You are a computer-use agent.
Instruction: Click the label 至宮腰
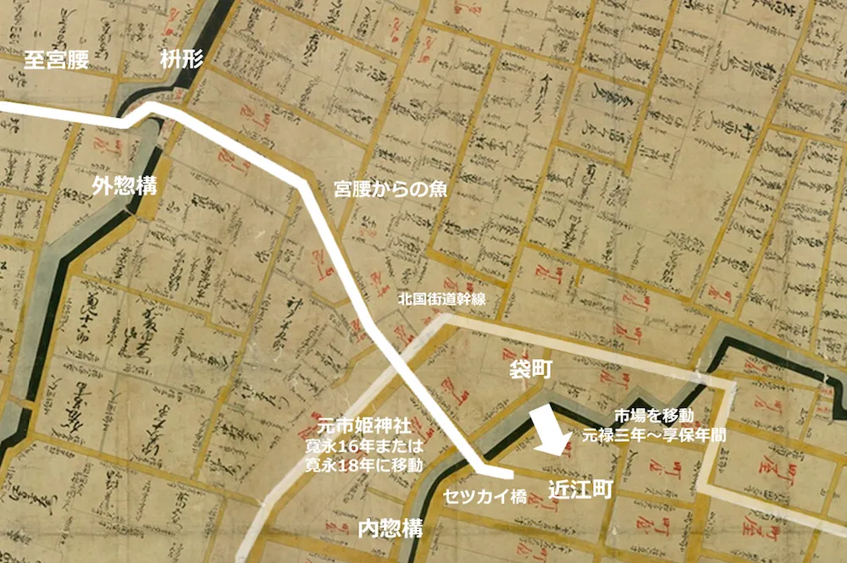pyautogui.click(x=55, y=59)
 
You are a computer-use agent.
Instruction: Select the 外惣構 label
pyautogui.click(x=125, y=186)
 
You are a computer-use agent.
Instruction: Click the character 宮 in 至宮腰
pyautogui.click(x=55, y=59)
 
